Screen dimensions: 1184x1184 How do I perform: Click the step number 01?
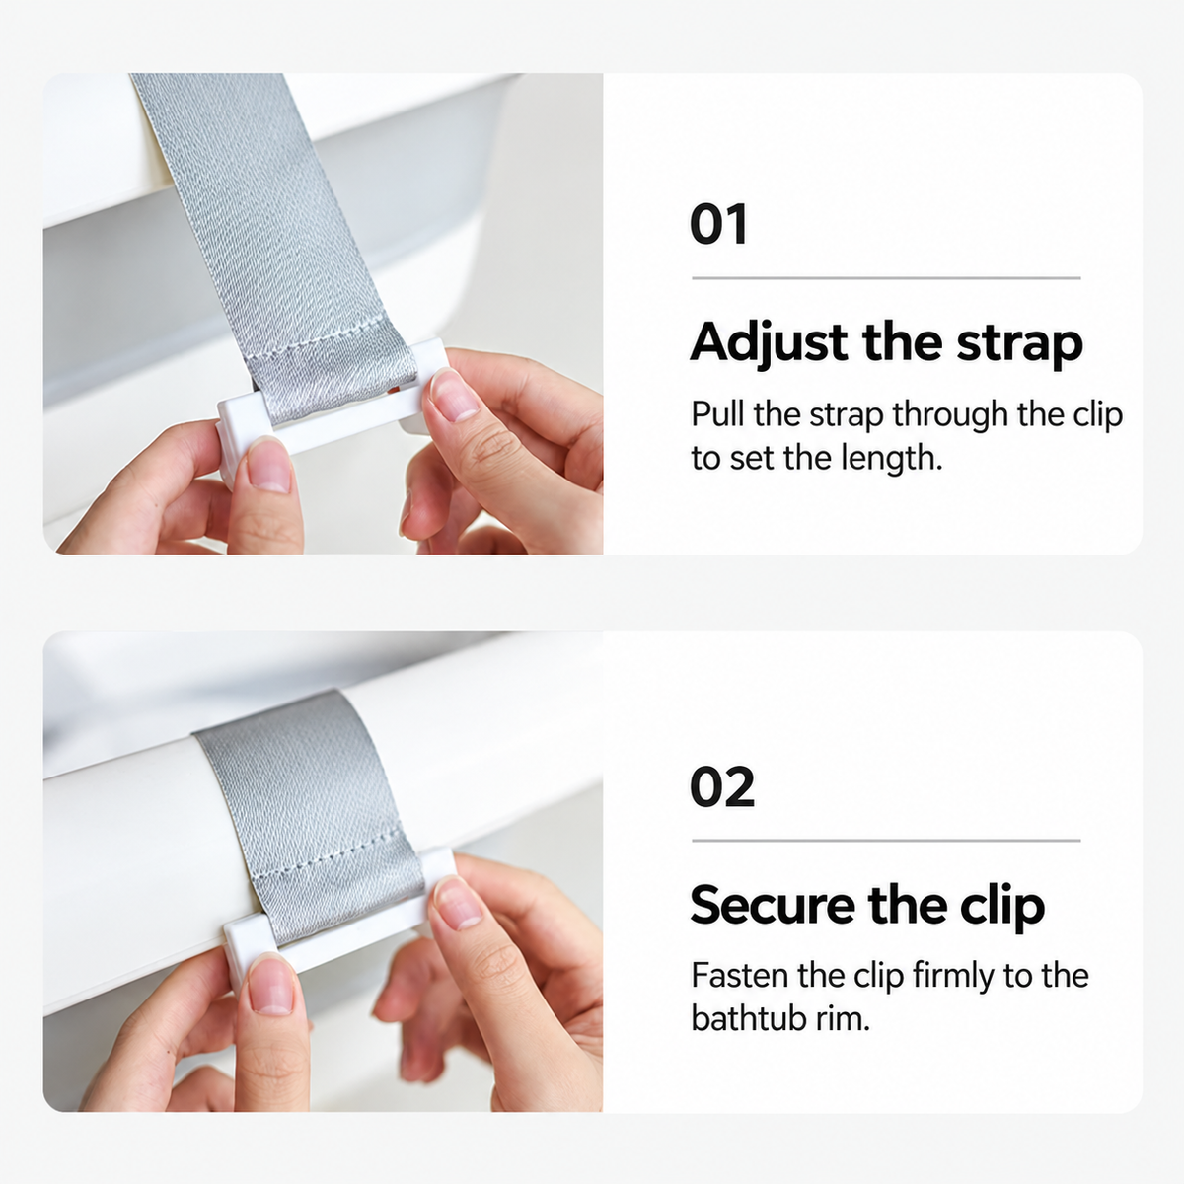(718, 224)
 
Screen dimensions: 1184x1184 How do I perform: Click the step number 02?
(722, 787)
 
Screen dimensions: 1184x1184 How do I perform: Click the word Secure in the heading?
(773, 905)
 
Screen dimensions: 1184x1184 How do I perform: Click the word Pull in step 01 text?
(717, 414)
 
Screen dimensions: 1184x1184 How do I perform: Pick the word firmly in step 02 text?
(953, 977)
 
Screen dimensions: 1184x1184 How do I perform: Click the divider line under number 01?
(886, 278)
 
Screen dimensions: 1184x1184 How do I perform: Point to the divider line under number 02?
(886, 841)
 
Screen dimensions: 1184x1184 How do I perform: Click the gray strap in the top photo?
(270, 246)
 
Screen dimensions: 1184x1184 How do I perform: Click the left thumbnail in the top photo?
(269, 465)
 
